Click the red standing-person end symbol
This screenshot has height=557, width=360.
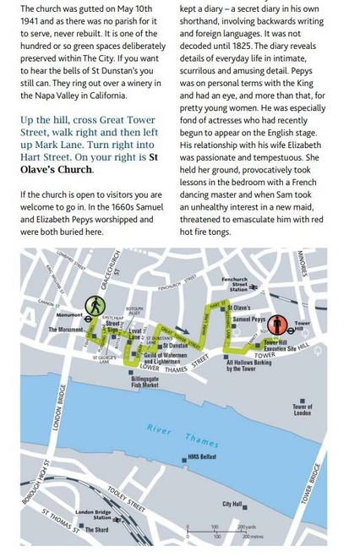(275, 324)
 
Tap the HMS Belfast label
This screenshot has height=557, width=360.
(201, 456)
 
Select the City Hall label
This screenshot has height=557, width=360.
(232, 504)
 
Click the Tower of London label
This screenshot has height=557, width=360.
(302, 410)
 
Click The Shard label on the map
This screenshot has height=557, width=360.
(96, 530)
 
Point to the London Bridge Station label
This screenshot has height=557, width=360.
(93, 515)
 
